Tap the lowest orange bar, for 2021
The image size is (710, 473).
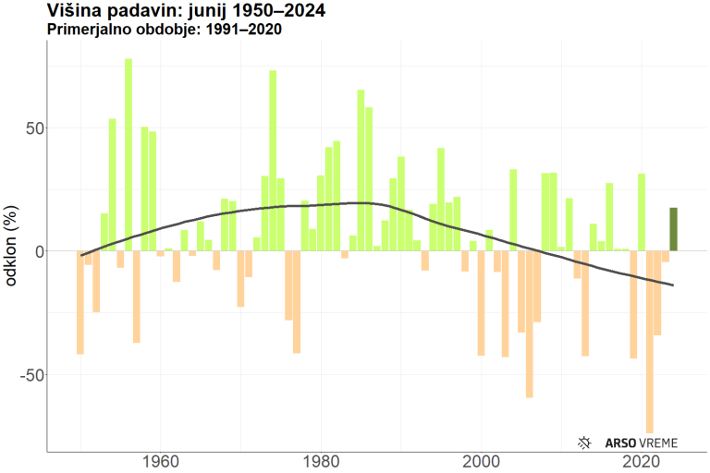pyautogui.click(x=650, y=342)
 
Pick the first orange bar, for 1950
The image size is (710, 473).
pyautogui.click(x=80, y=302)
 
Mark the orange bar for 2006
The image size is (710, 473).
pyautogui.click(x=530, y=323)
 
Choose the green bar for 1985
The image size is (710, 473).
pyautogui.click(x=361, y=170)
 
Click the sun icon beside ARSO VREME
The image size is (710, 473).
pyautogui.click(x=584, y=443)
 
